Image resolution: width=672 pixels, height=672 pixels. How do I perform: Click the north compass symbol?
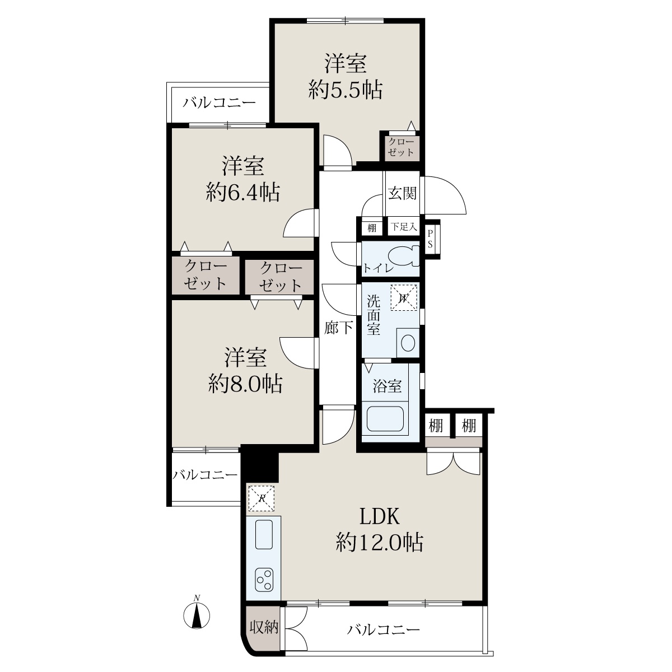[197, 615]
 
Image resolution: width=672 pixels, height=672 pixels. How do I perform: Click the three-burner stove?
[264, 580]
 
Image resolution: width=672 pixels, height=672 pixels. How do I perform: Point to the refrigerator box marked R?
[261, 498]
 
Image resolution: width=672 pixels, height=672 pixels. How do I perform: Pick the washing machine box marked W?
[404, 297]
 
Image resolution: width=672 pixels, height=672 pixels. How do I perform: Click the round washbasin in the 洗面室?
[408, 343]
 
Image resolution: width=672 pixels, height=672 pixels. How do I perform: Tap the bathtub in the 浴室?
[385, 418]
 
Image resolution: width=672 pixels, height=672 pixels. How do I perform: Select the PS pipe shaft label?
[430, 239]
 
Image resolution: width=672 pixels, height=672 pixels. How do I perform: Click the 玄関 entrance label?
[403, 193]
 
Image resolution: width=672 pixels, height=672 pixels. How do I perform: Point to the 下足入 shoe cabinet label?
[403, 227]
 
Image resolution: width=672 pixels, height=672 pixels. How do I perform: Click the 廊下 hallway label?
[338, 328]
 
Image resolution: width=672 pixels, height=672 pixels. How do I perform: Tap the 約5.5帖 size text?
[346, 90]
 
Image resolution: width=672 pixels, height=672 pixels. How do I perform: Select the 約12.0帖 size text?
[380, 552]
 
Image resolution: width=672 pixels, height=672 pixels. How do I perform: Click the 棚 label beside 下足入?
[372, 228]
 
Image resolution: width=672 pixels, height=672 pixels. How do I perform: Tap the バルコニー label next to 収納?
[383, 630]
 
